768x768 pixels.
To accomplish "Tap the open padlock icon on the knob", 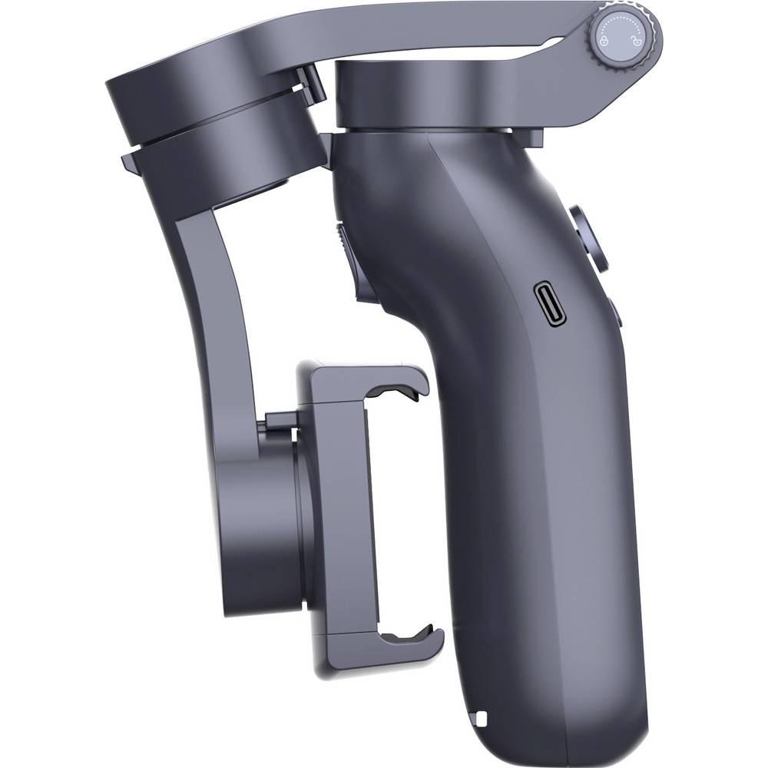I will (x=636, y=42).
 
